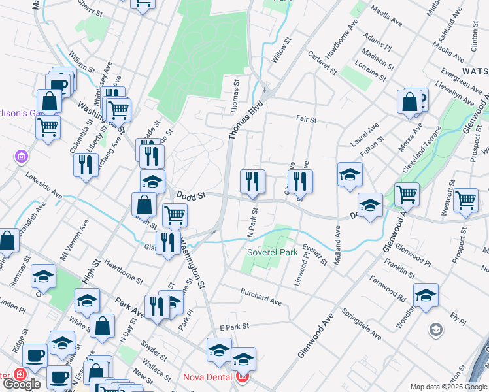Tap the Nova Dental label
point(209,376)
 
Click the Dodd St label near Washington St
point(191,195)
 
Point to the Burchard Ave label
point(261,297)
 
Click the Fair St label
point(306,120)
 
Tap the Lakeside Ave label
point(44,187)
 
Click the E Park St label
point(235,327)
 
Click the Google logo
point(22,384)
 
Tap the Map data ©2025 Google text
point(448,387)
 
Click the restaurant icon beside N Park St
point(252,182)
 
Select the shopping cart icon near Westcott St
point(466,200)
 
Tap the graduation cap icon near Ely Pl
point(426,295)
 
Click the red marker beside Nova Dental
point(243,377)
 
